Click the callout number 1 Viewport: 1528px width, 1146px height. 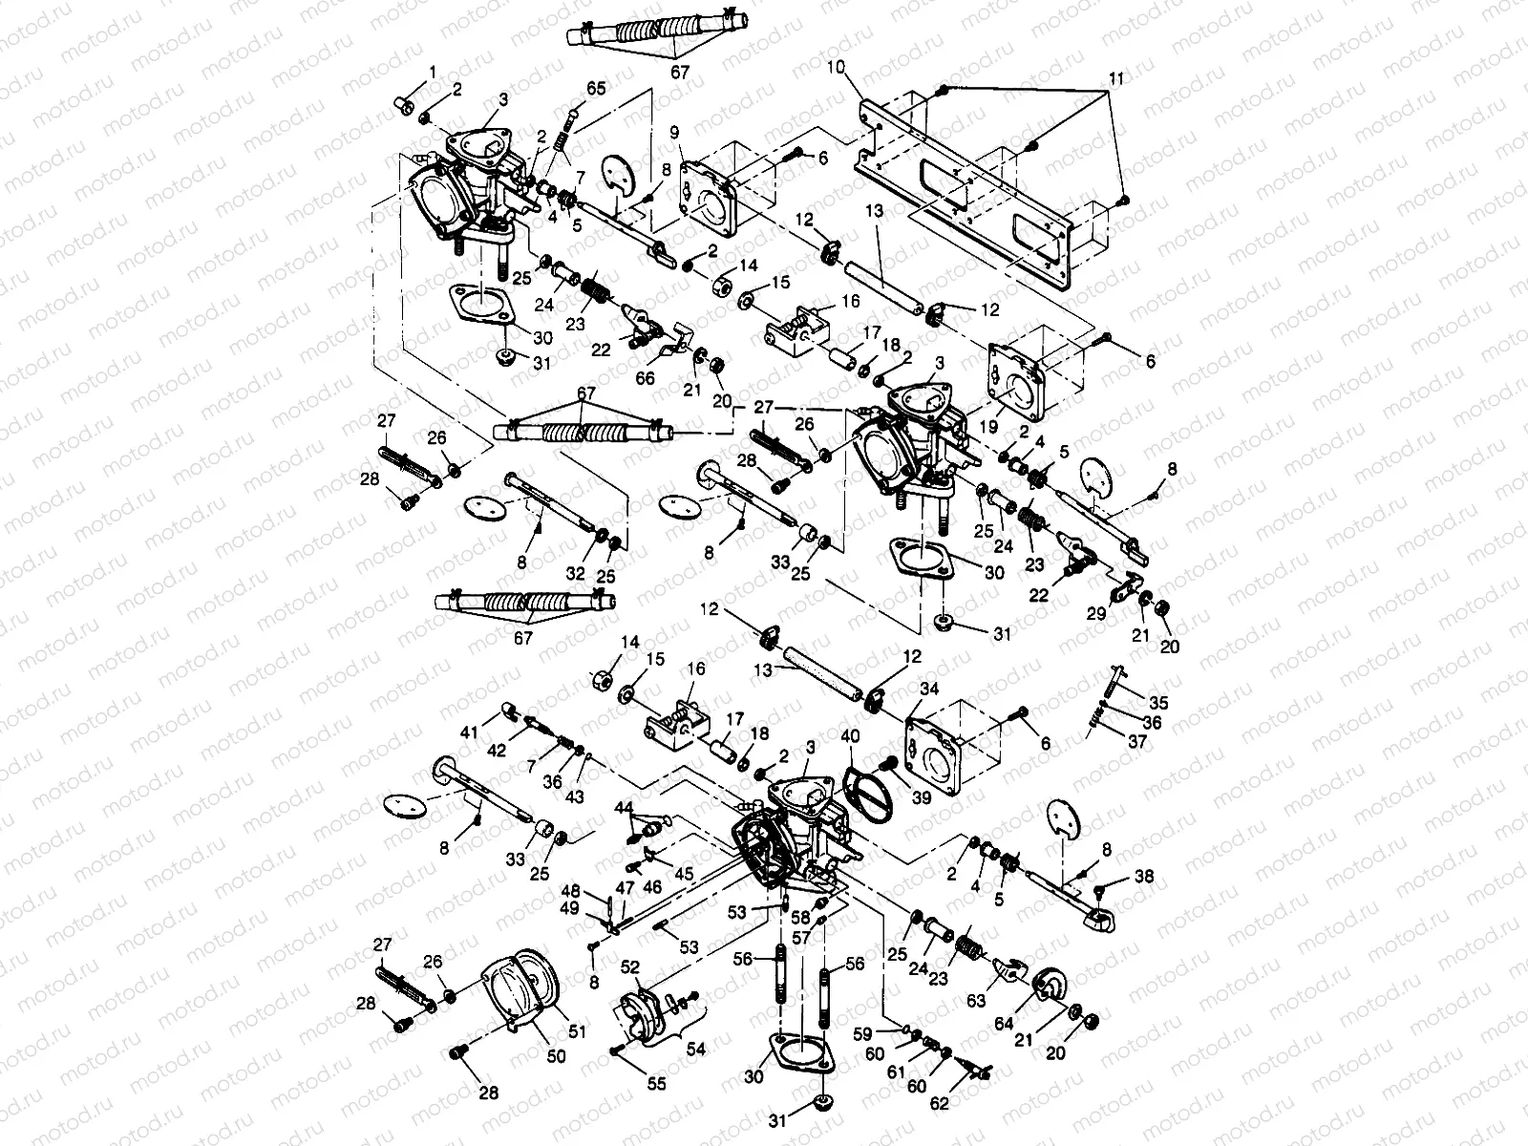tap(433, 72)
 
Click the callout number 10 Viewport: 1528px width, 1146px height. tap(837, 69)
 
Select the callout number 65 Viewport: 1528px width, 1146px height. tap(596, 88)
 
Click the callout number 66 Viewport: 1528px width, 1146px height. tap(646, 379)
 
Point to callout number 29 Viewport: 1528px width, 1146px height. tap(1096, 614)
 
